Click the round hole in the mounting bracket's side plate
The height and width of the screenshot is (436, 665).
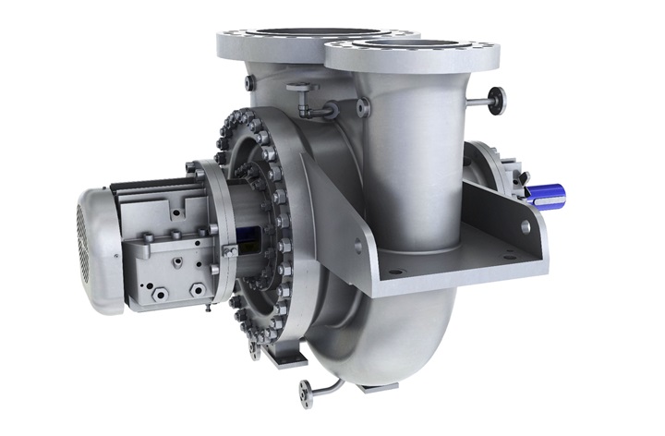(x=525, y=227)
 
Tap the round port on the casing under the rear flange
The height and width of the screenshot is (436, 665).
(x=250, y=84)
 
